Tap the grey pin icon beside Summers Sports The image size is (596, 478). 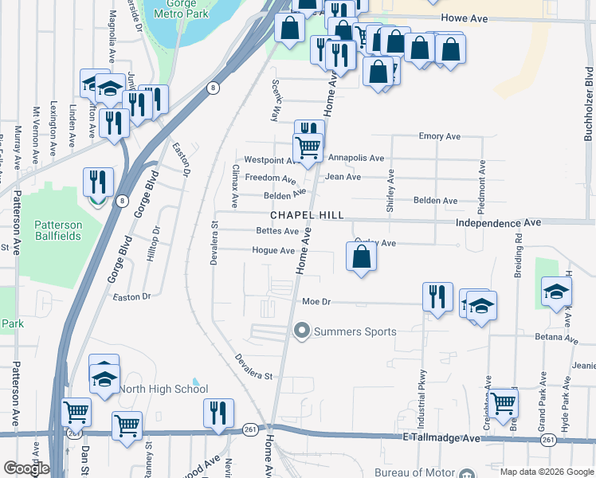[302, 330]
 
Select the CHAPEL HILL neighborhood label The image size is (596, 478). [307, 215]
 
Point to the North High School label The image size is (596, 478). [163, 389]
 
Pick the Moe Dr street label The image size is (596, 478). [316, 302]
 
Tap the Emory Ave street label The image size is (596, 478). [440, 136]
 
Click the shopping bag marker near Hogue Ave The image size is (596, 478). [361, 257]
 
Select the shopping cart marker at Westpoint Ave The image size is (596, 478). [308, 147]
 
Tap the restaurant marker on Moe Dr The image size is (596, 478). [437, 296]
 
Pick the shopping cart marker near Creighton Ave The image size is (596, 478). [503, 403]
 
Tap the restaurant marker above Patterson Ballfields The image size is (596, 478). [99, 182]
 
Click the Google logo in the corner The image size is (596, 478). [26, 468]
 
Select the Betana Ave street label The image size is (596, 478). [557, 339]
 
